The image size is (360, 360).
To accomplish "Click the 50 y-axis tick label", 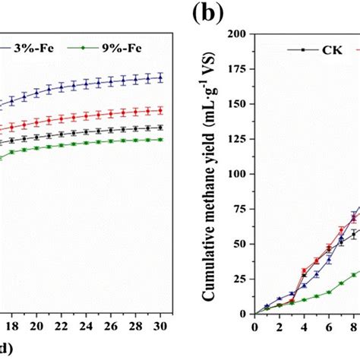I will tap(242, 244).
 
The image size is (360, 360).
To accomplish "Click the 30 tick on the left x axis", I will tap(159, 326).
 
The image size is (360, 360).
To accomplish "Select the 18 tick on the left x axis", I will tap(13, 326).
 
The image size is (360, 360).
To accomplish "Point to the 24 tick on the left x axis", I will tap(86, 326).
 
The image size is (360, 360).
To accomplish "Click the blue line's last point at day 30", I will tap(159, 77).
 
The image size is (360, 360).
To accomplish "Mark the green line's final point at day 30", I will tap(159, 139).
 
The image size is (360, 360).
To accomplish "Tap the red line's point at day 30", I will tap(159, 109).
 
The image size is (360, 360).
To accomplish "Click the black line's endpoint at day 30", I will tap(159, 128).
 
